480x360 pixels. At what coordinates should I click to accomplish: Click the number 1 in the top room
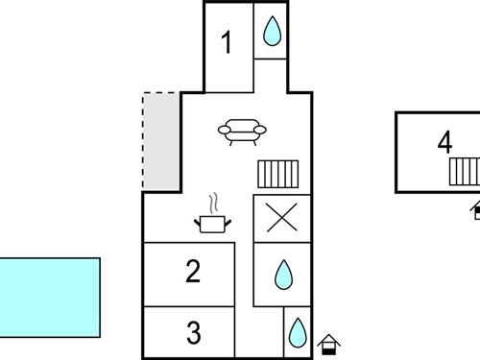pos(228,43)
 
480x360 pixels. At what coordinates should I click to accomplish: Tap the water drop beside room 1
pos(273,33)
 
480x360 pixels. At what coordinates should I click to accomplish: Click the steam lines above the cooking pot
pos(215,204)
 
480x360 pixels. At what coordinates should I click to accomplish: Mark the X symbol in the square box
pos(281,217)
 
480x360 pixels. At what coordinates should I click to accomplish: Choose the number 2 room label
pos(193,272)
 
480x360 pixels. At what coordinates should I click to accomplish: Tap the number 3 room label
pos(193,333)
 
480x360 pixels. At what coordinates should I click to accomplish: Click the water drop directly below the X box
pos(283,276)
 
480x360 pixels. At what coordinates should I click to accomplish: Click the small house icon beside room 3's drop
pos(329,342)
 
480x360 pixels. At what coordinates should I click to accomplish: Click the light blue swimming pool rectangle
pos(48,297)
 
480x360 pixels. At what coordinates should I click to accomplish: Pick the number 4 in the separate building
pos(444,142)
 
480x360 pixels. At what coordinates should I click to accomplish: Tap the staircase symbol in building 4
pos(465,171)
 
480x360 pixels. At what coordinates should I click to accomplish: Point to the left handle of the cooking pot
pos(199,221)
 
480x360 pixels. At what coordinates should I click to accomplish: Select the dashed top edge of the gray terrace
pos(160,93)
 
